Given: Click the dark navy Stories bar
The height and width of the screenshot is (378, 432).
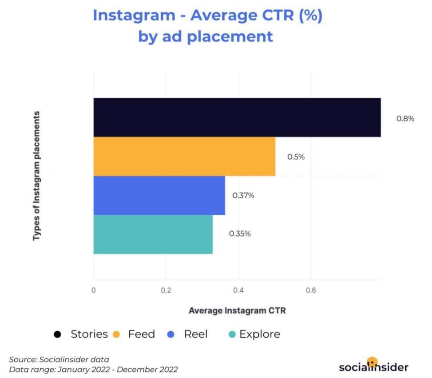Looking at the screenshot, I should [x=237, y=117].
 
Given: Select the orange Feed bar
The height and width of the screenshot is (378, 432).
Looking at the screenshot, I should [x=184, y=157].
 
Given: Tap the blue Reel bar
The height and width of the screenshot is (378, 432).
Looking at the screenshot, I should [x=159, y=195].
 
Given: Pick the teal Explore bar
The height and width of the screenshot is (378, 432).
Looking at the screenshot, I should [x=153, y=234].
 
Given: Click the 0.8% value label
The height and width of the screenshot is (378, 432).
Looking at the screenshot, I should [x=405, y=119].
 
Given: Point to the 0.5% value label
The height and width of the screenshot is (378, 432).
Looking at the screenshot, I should [x=296, y=157].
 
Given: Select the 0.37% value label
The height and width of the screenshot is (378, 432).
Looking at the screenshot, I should [x=243, y=195].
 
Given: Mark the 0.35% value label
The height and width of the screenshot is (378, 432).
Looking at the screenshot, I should [x=240, y=233].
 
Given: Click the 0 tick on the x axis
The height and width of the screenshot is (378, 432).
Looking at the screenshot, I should [x=94, y=290].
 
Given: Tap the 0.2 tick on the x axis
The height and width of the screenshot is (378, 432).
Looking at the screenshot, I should [x=166, y=290].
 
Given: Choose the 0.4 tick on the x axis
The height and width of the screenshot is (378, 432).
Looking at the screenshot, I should [x=238, y=290].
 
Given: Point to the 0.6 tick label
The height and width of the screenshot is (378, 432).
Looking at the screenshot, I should [x=311, y=290].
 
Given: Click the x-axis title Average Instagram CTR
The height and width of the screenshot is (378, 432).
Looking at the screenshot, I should [x=237, y=311].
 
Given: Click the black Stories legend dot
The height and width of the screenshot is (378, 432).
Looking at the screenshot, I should [x=57, y=334].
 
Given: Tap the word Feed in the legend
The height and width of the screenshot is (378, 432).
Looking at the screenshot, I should [x=141, y=334].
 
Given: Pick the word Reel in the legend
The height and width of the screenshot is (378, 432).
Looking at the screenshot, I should [x=195, y=334].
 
